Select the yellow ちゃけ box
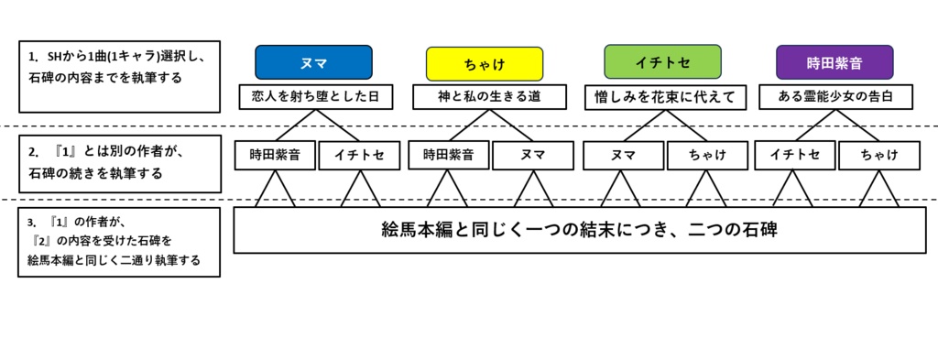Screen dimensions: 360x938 coord(485,63)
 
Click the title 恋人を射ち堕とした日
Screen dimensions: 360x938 coord(314,95)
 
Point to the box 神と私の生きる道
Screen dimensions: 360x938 coord(485,95)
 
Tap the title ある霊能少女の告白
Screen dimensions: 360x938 coord(834,95)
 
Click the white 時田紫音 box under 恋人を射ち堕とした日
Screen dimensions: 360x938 coord(274,155)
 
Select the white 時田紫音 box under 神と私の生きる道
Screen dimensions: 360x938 coord(448,155)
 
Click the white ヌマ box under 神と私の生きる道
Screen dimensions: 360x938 coord(533,155)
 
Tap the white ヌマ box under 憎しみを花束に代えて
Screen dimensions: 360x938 coord(622,155)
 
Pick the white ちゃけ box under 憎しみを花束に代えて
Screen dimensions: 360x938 coord(707,155)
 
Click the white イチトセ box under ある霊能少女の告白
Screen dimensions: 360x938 coord(793,155)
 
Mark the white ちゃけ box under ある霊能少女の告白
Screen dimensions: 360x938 coord(878,155)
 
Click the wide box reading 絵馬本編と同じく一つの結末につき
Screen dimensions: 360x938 coord(579,229)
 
